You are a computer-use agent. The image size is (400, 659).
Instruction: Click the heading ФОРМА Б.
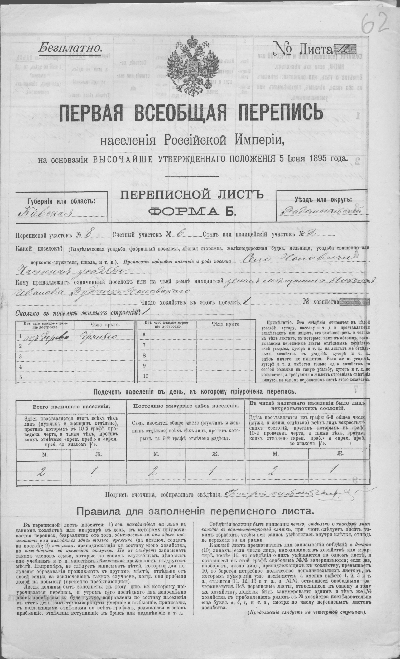192,212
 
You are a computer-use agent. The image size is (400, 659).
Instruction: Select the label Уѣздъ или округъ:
323,199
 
